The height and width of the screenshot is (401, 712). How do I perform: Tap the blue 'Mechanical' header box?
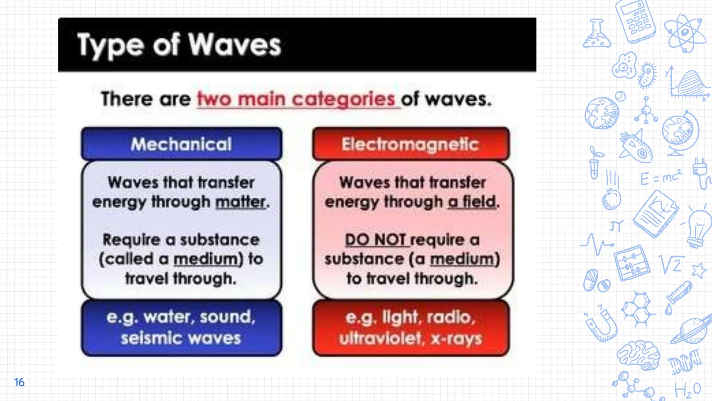point(181,144)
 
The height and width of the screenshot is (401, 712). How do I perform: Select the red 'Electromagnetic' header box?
point(411,144)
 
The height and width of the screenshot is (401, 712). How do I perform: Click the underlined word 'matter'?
point(241,202)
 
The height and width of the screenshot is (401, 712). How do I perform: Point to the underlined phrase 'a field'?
point(472,202)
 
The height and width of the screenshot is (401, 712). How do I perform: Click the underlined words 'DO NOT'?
point(375,240)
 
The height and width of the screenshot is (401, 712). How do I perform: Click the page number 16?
point(19,382)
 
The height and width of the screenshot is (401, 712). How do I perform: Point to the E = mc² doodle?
point(661,178)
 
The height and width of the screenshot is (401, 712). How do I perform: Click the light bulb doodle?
point(698,228)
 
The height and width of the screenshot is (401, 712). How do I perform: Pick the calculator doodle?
point(635,21)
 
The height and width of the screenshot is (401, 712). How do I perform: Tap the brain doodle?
point(639,355)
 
